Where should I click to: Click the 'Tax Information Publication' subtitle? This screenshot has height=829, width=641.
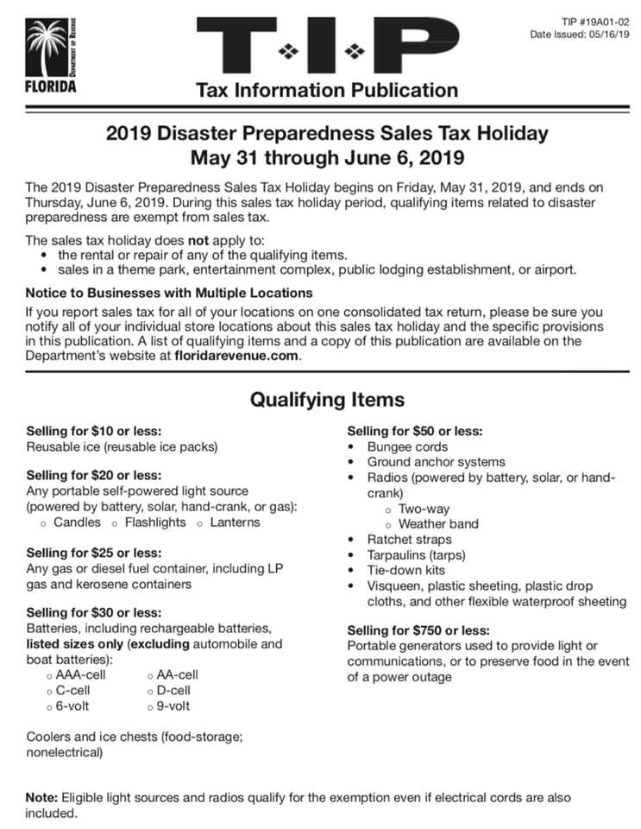click(327, 90)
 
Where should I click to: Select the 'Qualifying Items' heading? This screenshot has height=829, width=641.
click(326, 400)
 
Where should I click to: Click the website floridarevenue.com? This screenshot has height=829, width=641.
click(236, 356)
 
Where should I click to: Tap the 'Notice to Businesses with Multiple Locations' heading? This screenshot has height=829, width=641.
click(155, 292)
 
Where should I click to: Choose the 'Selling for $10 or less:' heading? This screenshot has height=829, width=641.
click(94, 431)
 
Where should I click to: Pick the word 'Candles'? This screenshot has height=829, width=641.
click(77, 522)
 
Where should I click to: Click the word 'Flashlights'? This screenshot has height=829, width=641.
click(154, 522)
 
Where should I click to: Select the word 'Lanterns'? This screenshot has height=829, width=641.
click(235, 522)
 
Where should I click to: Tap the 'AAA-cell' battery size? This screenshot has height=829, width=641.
click(80, 675)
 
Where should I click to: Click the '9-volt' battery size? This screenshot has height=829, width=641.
click(173, 706)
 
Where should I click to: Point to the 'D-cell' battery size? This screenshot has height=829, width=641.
click(173, 691)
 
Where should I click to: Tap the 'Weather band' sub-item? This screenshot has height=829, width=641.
click(438, 523)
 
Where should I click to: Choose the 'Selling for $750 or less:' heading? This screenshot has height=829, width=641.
click(418, 630)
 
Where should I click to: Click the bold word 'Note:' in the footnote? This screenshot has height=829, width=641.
click(41, 798)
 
